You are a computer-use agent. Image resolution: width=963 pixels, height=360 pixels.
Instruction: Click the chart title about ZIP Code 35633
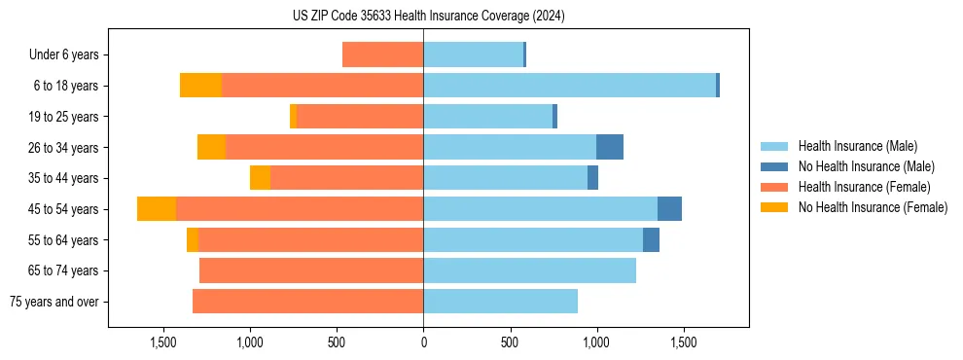tap(428, 17)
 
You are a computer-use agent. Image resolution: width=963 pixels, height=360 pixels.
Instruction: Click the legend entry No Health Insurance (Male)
tap(866, 166)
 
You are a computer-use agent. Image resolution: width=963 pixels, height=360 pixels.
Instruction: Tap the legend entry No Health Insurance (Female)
tap(873, 207)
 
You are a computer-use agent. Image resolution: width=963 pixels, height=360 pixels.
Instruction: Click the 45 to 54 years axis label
tap(64, 209)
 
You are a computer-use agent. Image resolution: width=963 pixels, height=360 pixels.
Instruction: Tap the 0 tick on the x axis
tap(423, 342)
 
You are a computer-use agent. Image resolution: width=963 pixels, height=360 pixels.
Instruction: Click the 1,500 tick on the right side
tap(683, 342)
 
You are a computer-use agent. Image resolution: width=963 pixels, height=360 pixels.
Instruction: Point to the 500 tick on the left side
tap(337, 342)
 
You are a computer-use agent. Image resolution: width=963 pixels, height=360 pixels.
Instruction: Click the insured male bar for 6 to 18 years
tap(569, 86)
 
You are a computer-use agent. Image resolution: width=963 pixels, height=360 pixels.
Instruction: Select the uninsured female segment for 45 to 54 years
tap(157, 209)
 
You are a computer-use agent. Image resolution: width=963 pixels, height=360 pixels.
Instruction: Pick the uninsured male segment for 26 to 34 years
tap(610, 148)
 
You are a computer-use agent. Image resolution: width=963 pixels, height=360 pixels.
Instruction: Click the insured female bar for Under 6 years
tap(382, 55)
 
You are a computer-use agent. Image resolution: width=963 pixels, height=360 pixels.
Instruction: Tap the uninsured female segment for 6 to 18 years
tap(200, 86)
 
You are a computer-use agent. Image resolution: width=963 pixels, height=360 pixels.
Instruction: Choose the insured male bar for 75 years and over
tap(500, 302)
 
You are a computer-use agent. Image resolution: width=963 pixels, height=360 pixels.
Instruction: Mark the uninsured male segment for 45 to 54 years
tap(669, 209)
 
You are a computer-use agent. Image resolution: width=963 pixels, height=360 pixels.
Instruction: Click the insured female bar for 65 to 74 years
tap(311, 270)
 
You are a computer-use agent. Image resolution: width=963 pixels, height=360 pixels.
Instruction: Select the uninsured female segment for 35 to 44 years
tap(260, 178)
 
